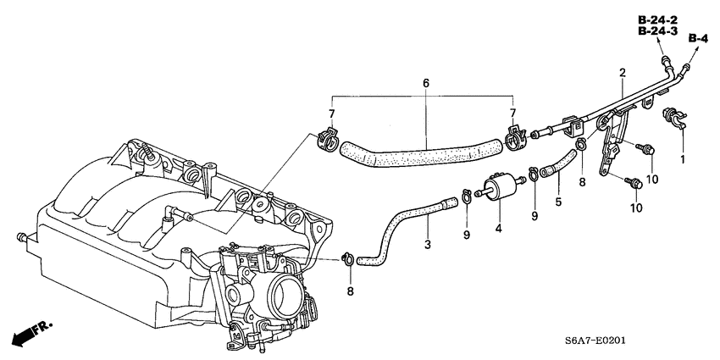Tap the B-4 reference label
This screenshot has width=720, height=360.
coord(697,38)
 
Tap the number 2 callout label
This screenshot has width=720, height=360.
coord(622,74)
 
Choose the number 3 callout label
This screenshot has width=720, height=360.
coord(428,245)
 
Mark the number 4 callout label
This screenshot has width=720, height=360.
coord(498,227)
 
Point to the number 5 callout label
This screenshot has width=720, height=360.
coord(557,202)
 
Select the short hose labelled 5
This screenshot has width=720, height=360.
coord(558,164)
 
